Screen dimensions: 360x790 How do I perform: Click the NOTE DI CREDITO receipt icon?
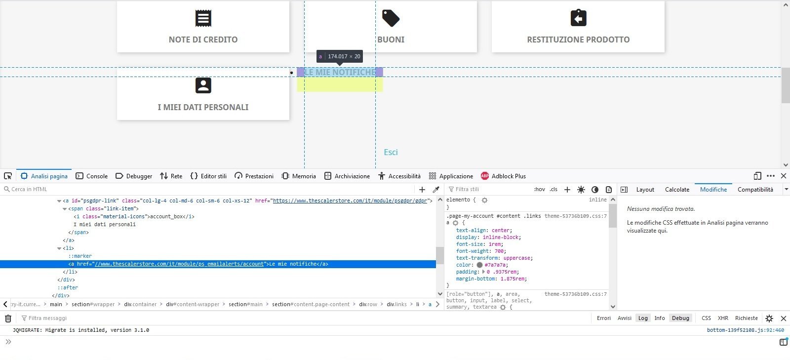[x=203, y=18]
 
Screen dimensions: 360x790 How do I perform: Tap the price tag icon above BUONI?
[x=391, y=18]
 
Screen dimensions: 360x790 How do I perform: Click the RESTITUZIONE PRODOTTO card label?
[x=578, y=40]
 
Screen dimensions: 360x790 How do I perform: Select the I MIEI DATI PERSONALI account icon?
[x=203, y=85]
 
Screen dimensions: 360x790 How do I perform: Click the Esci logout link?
[x=391, y=152]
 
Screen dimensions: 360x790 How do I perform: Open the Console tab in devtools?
[x=92, y=176]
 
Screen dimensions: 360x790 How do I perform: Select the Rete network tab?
[x=171, y=176]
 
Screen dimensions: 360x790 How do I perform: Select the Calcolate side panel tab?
[x=677, y=190]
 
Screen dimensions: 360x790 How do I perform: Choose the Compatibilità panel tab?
[x=755, y=190]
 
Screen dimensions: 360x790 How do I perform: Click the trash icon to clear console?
[x=8, y=319]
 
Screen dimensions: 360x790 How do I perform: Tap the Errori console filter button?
[x=603, y=318]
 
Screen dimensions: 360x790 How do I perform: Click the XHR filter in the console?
[x=723, y=318]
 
